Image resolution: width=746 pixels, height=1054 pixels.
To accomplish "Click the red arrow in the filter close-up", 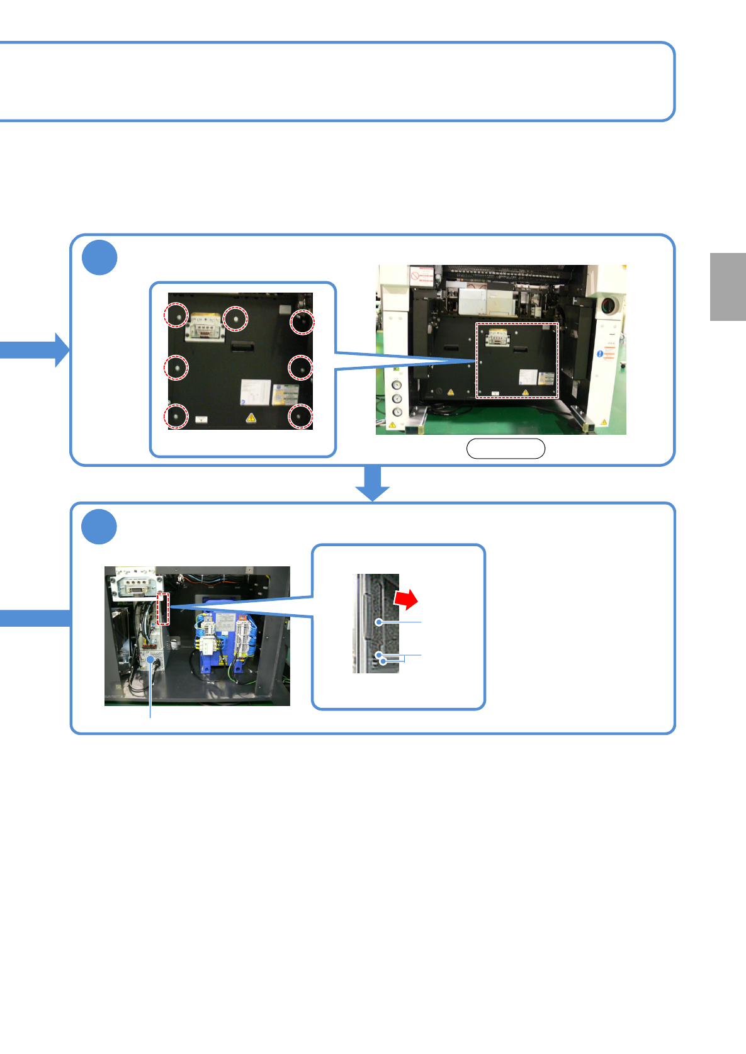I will point(407,599).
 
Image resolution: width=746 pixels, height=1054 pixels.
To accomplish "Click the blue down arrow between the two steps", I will point(373,483).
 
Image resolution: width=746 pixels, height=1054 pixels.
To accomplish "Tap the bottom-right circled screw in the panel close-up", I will point(300,417).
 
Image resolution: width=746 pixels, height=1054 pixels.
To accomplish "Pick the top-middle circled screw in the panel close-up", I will point(236,318).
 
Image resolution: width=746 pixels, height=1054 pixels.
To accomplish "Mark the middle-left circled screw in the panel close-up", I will point(176,367).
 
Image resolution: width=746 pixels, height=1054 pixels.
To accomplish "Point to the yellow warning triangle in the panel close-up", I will point(251,417).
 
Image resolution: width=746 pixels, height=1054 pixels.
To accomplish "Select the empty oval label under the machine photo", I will point(506,448).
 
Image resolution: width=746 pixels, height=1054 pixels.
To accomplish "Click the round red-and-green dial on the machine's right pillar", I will point(608,306).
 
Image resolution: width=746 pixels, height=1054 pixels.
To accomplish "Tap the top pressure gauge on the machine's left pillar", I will point(397,386).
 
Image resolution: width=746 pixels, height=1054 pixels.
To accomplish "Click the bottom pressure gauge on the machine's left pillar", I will point(397,412).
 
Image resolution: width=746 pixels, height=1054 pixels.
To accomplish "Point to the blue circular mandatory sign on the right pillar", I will point(600,354).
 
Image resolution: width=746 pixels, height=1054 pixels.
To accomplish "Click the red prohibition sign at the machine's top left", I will point(415,275).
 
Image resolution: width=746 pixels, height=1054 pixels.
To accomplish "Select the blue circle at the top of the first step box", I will point(99,257).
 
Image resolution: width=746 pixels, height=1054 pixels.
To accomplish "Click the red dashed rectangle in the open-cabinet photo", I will point(163,608).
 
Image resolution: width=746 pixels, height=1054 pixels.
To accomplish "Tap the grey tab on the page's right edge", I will point(728,287).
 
